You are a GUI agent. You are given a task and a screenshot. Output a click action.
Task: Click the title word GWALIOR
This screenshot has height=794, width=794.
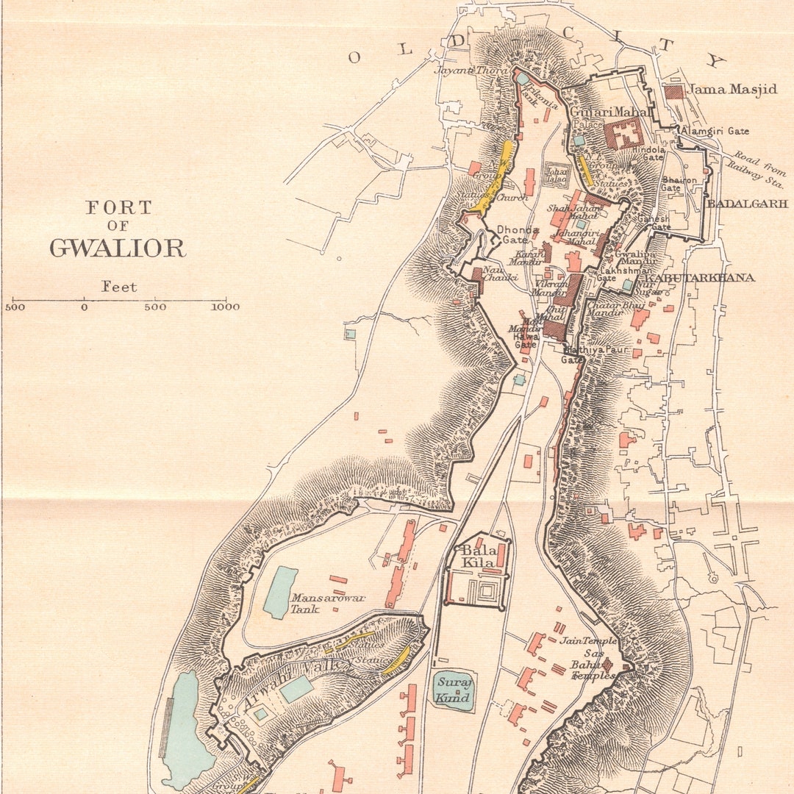[118, 248]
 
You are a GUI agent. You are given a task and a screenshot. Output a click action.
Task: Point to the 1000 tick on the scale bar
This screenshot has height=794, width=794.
[226, 307]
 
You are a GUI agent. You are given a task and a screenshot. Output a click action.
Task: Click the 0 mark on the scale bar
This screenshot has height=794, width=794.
[85, 307]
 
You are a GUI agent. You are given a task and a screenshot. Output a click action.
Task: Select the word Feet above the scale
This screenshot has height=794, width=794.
[119, 287]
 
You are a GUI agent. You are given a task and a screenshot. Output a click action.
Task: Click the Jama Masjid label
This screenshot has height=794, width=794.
[732, 90]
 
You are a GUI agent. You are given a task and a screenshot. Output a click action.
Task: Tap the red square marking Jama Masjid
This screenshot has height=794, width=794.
[673, 92]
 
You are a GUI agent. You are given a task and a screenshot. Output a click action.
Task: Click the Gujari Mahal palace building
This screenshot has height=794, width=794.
[623, 134]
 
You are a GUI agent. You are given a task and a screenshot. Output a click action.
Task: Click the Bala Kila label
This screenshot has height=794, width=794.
[476, 557]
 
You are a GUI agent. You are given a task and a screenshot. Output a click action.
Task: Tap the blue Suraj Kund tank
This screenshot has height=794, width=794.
[453, 691]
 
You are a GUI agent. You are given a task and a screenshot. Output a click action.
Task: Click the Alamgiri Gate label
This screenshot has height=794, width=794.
[716, 131]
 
